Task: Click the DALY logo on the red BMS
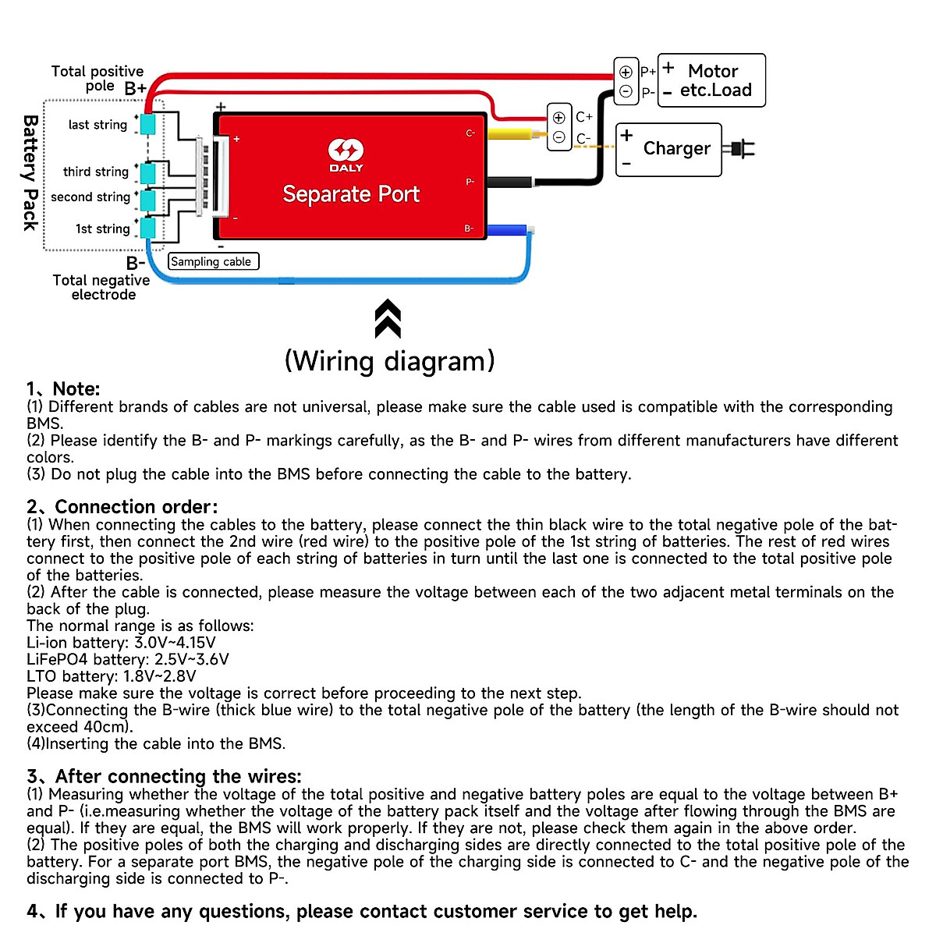click(346, 153)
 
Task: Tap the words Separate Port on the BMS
click(351, 193)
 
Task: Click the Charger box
click(668, 149)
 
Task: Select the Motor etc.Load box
click(711, 80)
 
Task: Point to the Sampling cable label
click(212, 261)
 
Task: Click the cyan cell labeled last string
click(147, 123)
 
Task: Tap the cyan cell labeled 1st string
click(147, 228)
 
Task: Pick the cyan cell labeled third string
click(147, 172)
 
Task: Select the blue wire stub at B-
click(507, 230)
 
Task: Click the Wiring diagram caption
click(389, 361)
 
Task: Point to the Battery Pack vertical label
click(30, 172)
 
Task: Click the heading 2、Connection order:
click(122, 507)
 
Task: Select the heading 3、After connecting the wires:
click(164, 776)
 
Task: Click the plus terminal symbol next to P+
click(626, 72)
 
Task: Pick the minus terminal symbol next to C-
click(558, 137)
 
